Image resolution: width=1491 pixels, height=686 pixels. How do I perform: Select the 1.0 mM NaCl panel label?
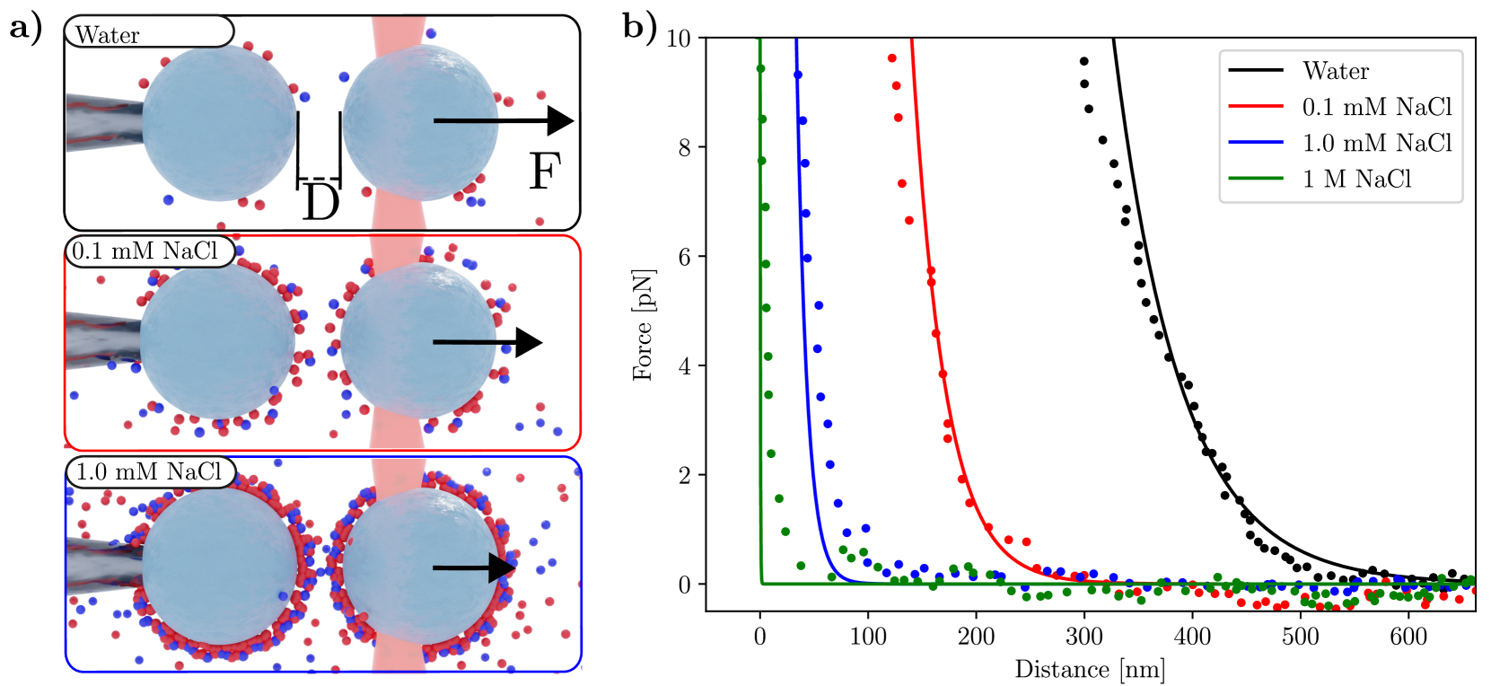[150, 472]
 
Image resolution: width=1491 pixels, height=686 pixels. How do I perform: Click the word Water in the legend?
[1336, 71]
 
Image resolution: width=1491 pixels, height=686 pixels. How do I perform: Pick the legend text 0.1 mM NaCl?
[1377, 107]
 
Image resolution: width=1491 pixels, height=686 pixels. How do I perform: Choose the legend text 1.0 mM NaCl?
[1377, 143]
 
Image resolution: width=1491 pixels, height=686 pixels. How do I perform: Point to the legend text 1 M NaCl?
[1356, 180]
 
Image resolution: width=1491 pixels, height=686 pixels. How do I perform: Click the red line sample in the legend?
[1256, 107]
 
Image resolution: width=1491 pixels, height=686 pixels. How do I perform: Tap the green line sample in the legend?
[1256, 179]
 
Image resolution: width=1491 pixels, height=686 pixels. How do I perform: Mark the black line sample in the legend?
[1256, 70]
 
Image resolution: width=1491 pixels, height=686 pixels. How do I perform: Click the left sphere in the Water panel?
[219, 124]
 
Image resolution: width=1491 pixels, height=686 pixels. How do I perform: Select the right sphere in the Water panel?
[420, 124]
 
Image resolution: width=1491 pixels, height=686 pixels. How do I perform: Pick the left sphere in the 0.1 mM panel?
[218, 342]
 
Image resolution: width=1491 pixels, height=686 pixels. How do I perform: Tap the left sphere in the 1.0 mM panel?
[220, 567]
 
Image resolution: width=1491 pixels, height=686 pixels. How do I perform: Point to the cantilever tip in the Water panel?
[103, 123]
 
